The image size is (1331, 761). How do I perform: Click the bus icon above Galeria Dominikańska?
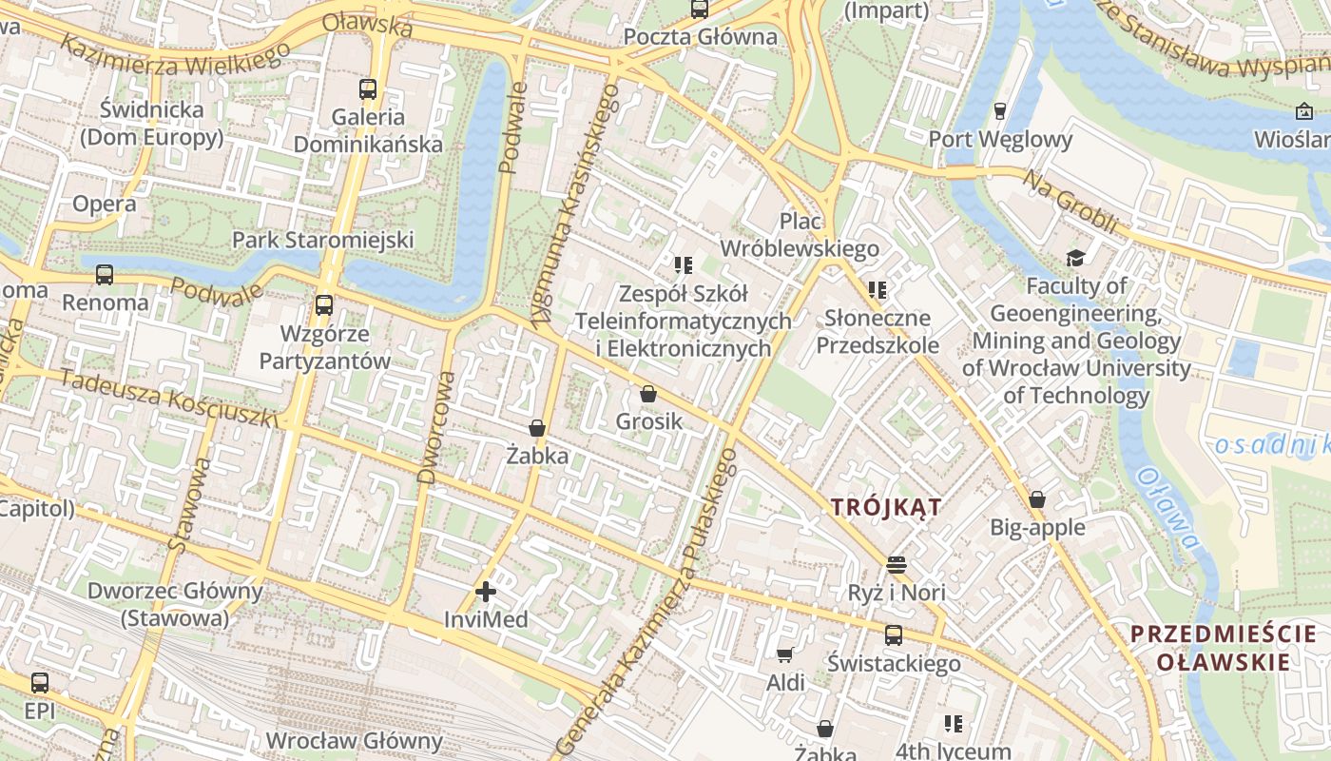click(368, 89)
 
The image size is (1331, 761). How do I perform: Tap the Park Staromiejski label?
click(322, 239)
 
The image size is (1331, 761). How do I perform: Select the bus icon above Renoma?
click(105, 275)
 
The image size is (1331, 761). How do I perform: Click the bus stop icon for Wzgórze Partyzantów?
click(324, 305)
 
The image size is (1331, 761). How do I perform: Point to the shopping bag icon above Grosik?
click(648, 393)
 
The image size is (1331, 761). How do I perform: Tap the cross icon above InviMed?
click(486, 592)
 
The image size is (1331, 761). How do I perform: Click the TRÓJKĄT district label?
click(886, 507)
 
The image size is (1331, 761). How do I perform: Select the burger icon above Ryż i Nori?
click(896, 565)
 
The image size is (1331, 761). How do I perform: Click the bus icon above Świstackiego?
click(894, 635)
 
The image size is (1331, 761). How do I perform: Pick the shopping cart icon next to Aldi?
click(785, 654)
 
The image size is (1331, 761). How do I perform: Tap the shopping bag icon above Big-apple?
click(1037, 499)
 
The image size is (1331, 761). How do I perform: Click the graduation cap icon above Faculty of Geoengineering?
click(1075, 258)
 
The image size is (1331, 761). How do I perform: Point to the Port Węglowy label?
click(1000, 140)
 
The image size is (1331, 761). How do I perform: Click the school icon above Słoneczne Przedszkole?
click(877, 289)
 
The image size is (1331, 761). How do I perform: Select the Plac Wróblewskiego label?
click(800, 235)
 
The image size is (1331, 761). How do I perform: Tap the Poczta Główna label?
click(700, 37)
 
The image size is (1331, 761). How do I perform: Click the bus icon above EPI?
click(40, 682)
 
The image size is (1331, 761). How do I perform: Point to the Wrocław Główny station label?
click(354, 740)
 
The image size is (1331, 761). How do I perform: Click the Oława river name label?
click(1167, 507)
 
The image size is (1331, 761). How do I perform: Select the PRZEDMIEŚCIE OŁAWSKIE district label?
click(1224, 648)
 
